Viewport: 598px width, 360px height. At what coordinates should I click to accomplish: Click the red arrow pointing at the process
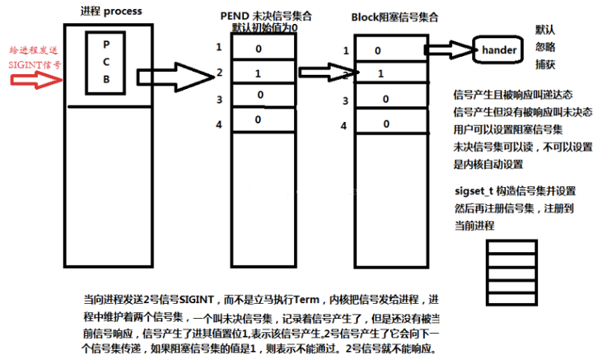click(36, 79)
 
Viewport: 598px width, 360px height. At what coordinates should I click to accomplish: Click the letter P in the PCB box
click(106, 45)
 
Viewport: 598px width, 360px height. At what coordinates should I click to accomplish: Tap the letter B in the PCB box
click(106, 79)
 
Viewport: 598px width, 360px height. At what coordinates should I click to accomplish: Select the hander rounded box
click(498, 49)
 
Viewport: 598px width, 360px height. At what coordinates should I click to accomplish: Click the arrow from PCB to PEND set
click(175, 77)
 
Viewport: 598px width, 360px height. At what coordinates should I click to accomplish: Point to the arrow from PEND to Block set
click(329, 72)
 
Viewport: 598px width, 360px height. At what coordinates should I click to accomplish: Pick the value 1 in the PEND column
click(258, 73)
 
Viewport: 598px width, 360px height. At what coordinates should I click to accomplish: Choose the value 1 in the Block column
click(381, 73)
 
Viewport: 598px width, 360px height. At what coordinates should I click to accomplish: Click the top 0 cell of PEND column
click(263, 46)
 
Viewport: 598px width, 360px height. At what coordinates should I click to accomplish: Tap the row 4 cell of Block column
click(391, 121)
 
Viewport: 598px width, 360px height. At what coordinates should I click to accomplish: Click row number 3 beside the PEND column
click(219, 100)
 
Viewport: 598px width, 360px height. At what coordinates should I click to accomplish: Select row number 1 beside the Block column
click(346, 51)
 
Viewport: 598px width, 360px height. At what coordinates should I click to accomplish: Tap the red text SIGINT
click(25, 65)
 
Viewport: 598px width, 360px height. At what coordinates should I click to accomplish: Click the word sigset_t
click(474, 191)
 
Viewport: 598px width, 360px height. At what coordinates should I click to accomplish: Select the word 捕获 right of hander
click(545, 64)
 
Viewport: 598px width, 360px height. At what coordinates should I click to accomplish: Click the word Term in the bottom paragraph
click(307, 299)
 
